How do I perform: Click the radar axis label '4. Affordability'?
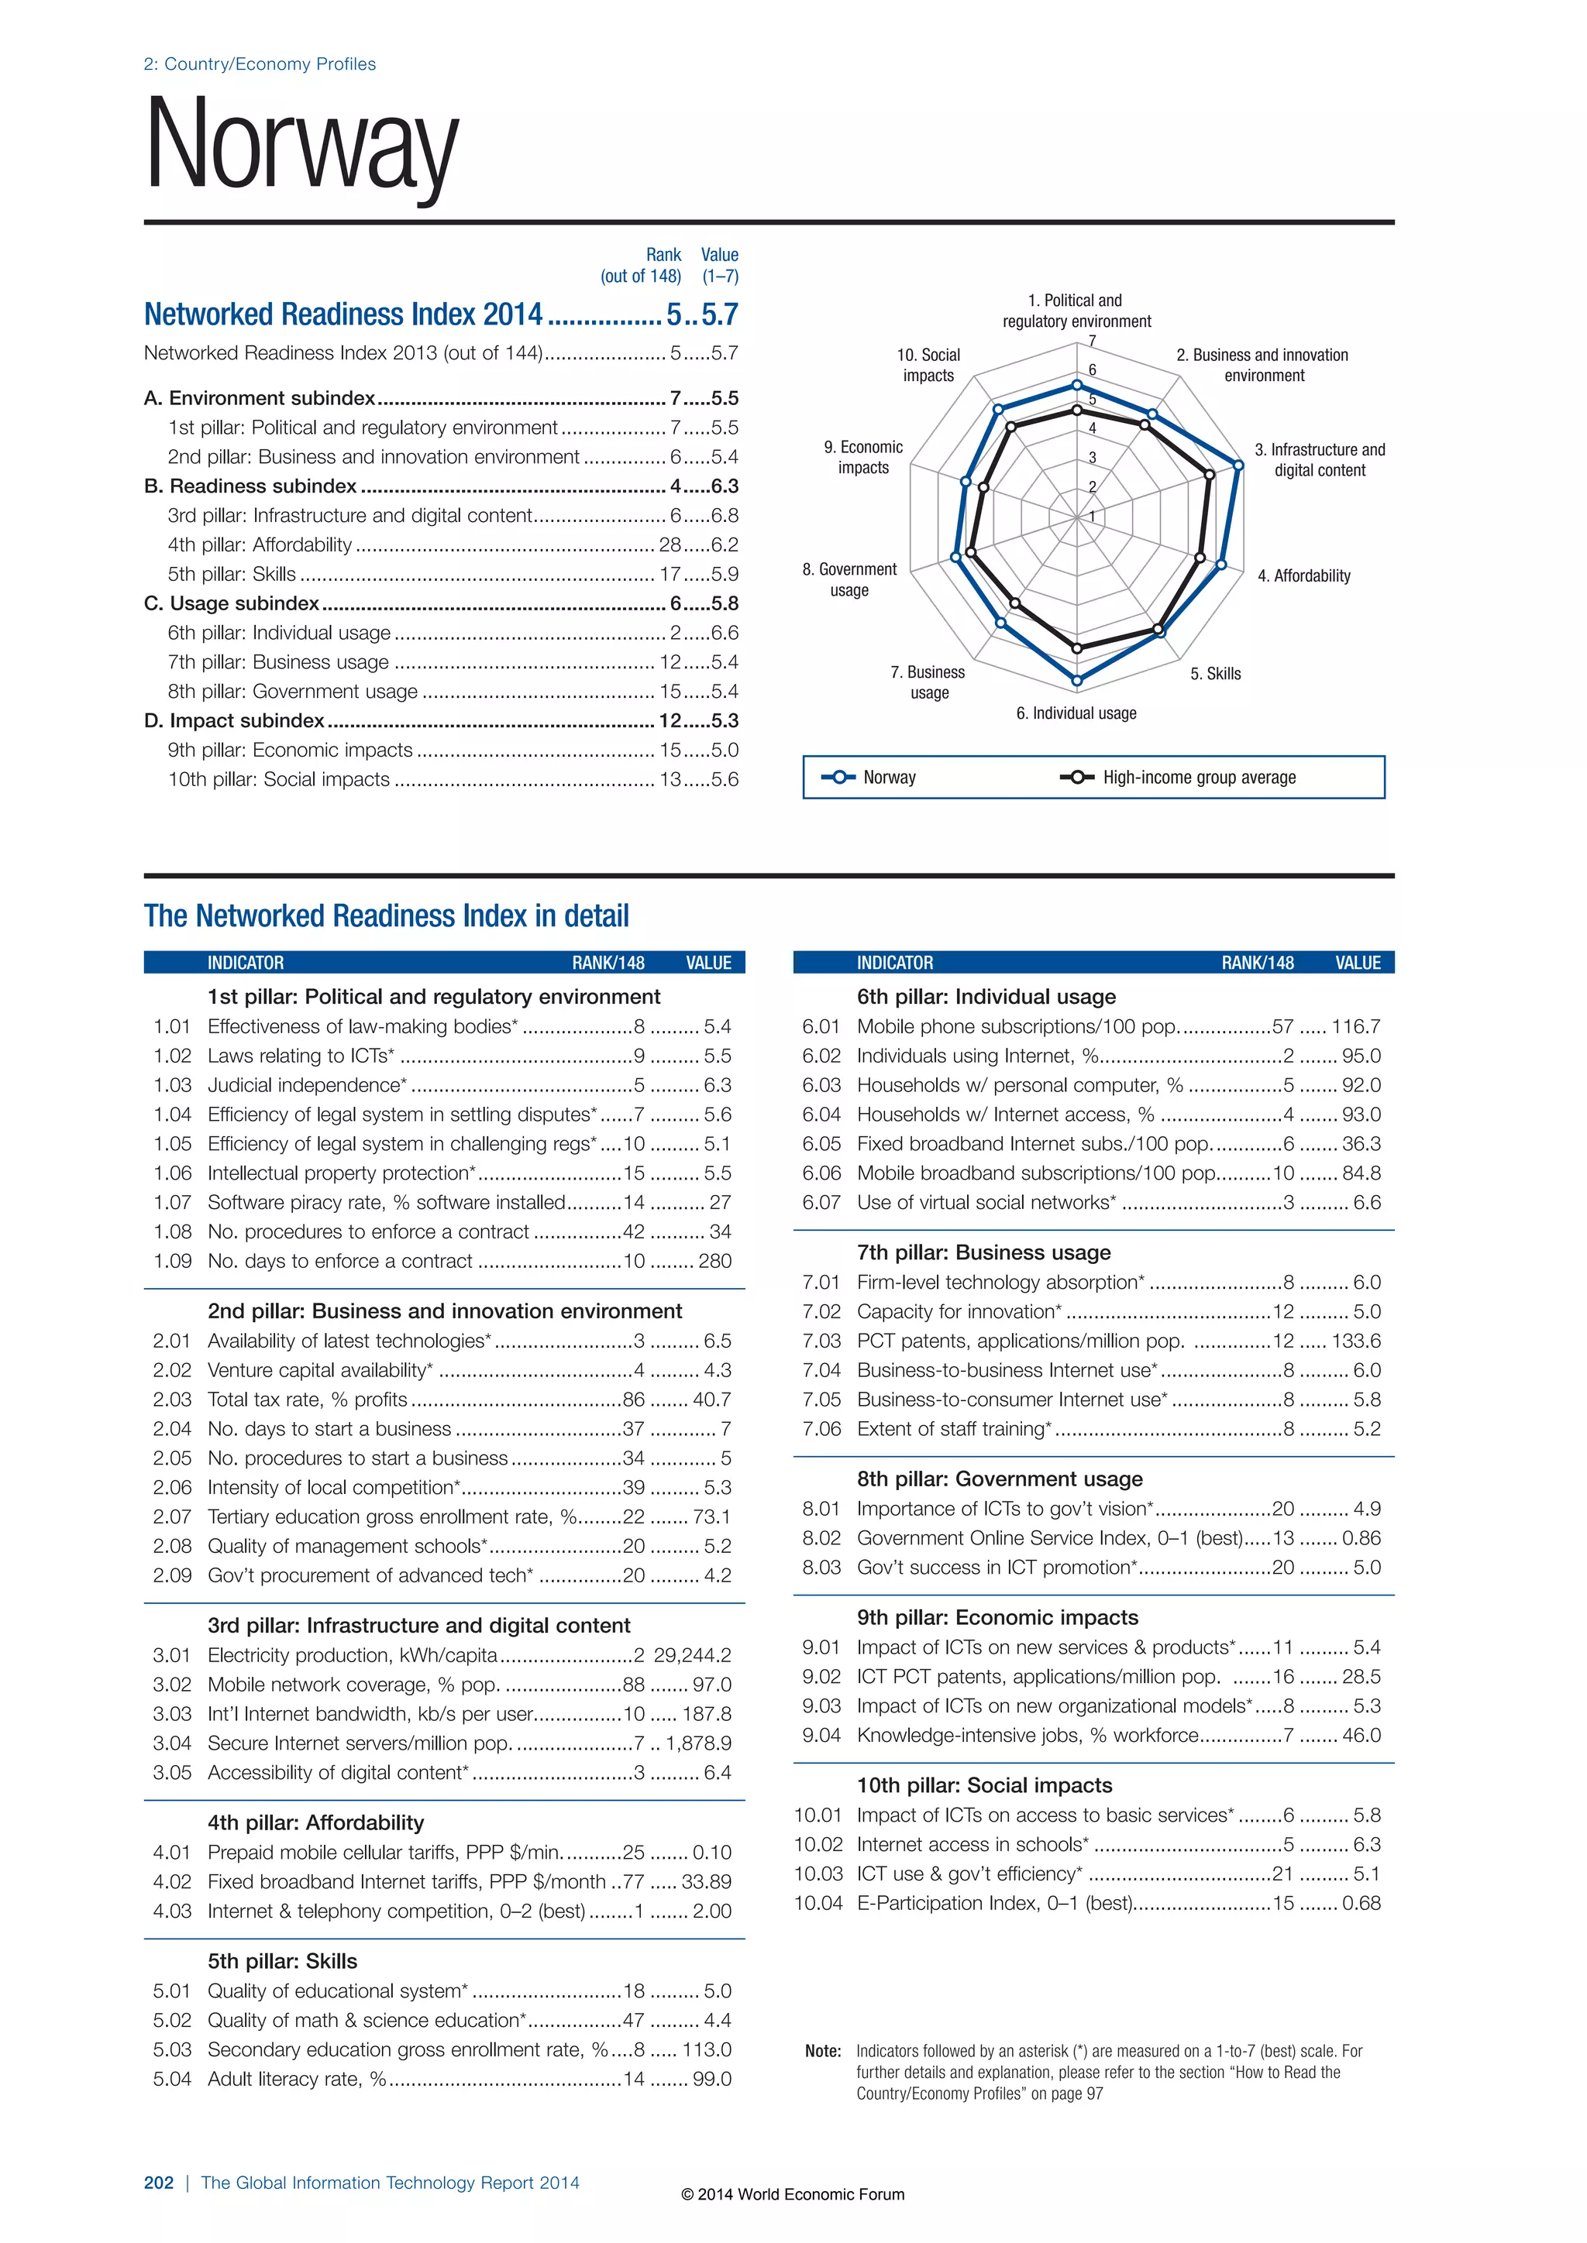(x=1303, y=576)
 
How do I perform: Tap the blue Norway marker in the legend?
(x=838, y=778)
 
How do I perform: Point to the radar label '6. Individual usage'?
(x=1076, y=713)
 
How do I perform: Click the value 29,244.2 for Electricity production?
(x=692, y=1655)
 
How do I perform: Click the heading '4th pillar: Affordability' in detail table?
(x=315, y=1823)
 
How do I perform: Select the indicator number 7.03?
(x=821, y=1341)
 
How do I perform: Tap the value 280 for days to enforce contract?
(x=714, y=1261)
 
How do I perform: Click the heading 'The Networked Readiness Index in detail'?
(x=386, y=916)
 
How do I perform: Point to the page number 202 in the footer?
(x=158, y=2183)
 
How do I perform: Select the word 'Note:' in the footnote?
(x=823, y=2052)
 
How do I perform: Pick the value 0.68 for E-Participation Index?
(x=1362, y=1903)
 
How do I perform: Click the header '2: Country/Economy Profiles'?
(x=259, y=64)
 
